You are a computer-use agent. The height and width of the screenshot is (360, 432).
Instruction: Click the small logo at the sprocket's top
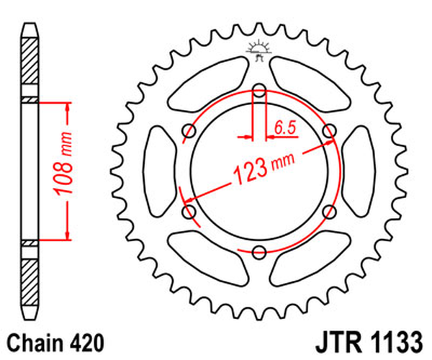[257, 49]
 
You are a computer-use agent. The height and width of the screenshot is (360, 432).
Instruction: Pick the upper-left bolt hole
[190, 131]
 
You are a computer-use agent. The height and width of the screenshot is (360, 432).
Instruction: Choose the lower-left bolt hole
[190, 211]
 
